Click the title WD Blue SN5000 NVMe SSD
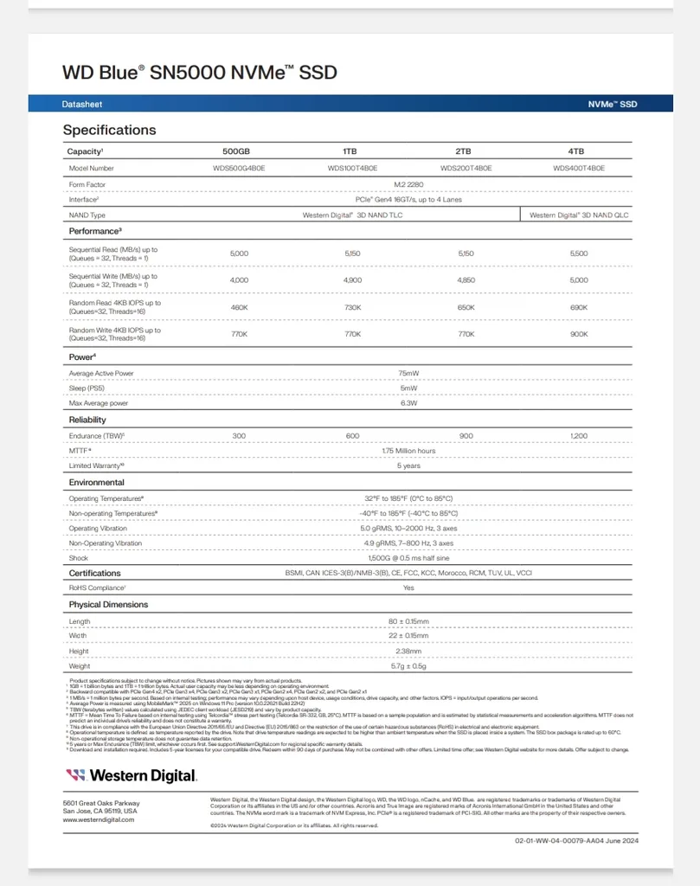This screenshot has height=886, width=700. pos(199,73)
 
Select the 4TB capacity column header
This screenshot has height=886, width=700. pos(579,151)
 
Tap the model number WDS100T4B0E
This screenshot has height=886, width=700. pos(352,169)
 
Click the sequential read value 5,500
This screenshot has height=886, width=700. pos(579,254)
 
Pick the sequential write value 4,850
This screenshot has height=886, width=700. pos(466,280)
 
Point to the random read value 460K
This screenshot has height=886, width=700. pos(240,307)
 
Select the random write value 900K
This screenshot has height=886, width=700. pos(579,334)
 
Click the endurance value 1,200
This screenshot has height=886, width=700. pos(579,436)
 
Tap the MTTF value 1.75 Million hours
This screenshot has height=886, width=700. pos(408,451)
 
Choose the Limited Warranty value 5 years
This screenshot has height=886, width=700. pos(408,465)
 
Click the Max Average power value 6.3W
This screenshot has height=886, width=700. pos(408,403)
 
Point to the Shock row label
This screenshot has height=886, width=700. pos(79,558)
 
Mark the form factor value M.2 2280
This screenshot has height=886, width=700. pos(408,184)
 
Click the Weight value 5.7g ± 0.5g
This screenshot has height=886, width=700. pos(408,666)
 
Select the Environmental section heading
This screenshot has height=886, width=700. pos(97,482)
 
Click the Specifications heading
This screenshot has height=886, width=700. pos(109,130)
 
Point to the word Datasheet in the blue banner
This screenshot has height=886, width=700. pos(82,104)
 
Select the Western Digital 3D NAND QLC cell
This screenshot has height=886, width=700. pos(579,215)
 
